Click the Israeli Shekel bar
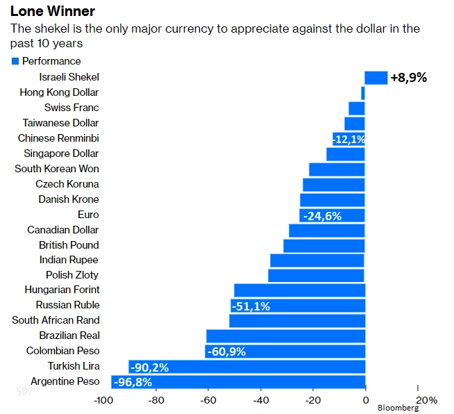pos(376,77)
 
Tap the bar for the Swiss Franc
pos(357,108)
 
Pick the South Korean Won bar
pos(337,169)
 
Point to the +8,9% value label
pos(409,78)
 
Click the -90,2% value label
pos(150,367)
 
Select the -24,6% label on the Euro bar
pos(321,216)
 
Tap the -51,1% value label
pos(251,306)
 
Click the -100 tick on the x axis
pos(103,400)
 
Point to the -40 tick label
pos(260,400)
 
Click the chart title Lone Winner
pos(53,12)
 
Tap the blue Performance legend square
pos(15,61)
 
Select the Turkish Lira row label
pos(74,366)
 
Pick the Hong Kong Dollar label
pos(59,92)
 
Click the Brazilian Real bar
pos(285,336)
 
